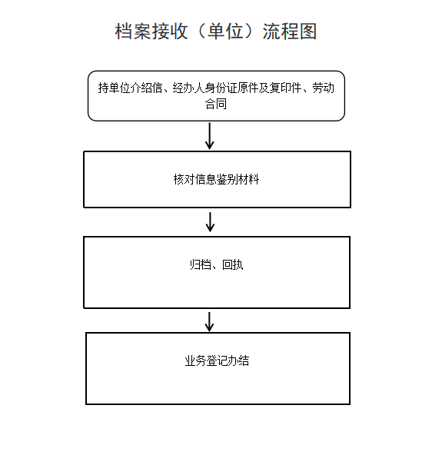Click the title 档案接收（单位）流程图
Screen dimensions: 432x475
(216, 32)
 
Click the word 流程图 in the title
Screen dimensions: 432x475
(290, 32)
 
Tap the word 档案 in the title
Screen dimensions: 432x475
(133, 32)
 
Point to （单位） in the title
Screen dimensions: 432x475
(225, 32)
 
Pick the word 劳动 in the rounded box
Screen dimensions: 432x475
(324, 88)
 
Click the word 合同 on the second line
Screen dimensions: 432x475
(216, 104)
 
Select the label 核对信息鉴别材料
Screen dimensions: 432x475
(216, 179)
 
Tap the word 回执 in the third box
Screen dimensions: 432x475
(233, 264)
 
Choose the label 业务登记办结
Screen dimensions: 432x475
(217, 360)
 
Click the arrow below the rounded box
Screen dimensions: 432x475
(209, 136)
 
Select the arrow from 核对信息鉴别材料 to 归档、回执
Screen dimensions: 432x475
(210, 222)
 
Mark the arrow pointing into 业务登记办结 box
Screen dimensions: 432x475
(209, 322)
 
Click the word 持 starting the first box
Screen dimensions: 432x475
(103, 88)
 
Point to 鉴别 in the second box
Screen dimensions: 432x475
(228, 179)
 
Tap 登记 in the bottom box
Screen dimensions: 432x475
(217, 360)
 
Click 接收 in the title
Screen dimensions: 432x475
(170, 32)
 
